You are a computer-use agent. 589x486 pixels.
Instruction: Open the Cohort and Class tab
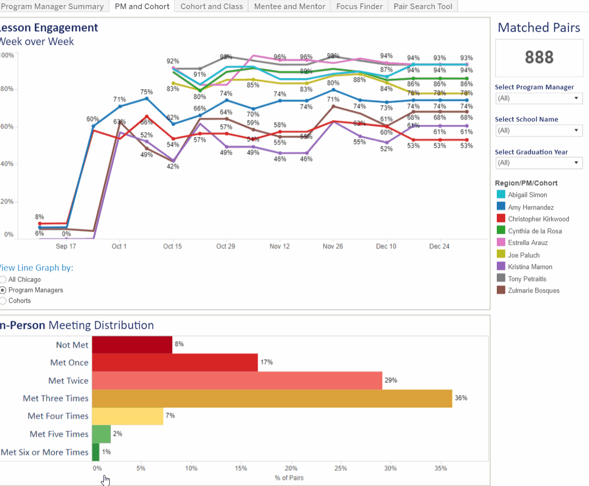click(x=212, y=7)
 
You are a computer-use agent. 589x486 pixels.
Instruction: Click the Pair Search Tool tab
click(x=423, y=7)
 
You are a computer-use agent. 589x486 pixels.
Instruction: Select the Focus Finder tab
click(x=359, y=7)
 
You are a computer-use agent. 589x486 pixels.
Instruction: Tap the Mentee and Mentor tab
click(x=290, y=7)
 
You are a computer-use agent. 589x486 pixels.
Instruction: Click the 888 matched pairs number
click(x=539, y=57)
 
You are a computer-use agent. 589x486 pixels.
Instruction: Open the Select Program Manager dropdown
click(x=539, y=98)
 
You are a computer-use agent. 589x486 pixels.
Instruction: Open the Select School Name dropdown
click(x=539, y=130)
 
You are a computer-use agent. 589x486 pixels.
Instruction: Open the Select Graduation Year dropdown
click(x=539, y=163)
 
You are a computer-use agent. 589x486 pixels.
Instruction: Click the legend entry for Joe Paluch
click(x=523, y=255)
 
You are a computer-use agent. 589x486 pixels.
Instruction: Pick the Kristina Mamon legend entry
click(x=530, y=267)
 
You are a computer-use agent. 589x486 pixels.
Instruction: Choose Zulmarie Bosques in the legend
click(x=533, y=291)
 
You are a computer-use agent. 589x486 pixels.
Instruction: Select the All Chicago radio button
click(x=4, y=280)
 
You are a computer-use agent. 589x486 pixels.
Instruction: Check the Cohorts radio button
click(x=4, y=301)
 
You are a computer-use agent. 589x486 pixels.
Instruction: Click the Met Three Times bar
click(x=272, y=398)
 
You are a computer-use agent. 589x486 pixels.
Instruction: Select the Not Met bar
click(x=132, y=345)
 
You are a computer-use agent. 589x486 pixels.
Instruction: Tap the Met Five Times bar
click(x=101, y=434)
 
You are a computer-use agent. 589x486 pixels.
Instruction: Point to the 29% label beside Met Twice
click(x=390, y=380)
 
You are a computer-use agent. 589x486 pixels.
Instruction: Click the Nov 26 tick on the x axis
click(x=333, y=246)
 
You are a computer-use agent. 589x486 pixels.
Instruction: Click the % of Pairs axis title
click(x=289, y=477)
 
